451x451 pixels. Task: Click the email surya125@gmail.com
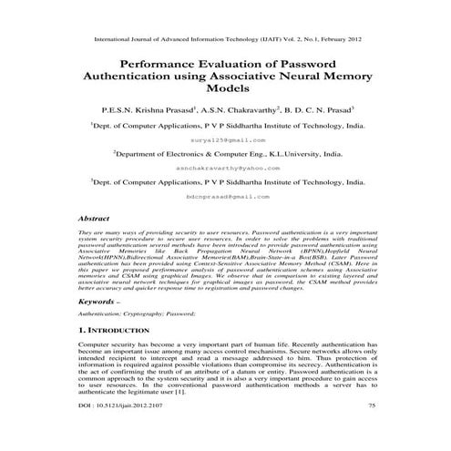pyautogui.click(x=225, y=141)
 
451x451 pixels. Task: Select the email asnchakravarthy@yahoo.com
pyautogui.click(x=225, y=169)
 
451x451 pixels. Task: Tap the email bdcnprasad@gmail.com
pyautogui.click(x=225, y=196)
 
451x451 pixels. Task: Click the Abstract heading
pyautogui.click(x=96, y=220)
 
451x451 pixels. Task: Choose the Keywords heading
pyautogui.click(x=97, y=300)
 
